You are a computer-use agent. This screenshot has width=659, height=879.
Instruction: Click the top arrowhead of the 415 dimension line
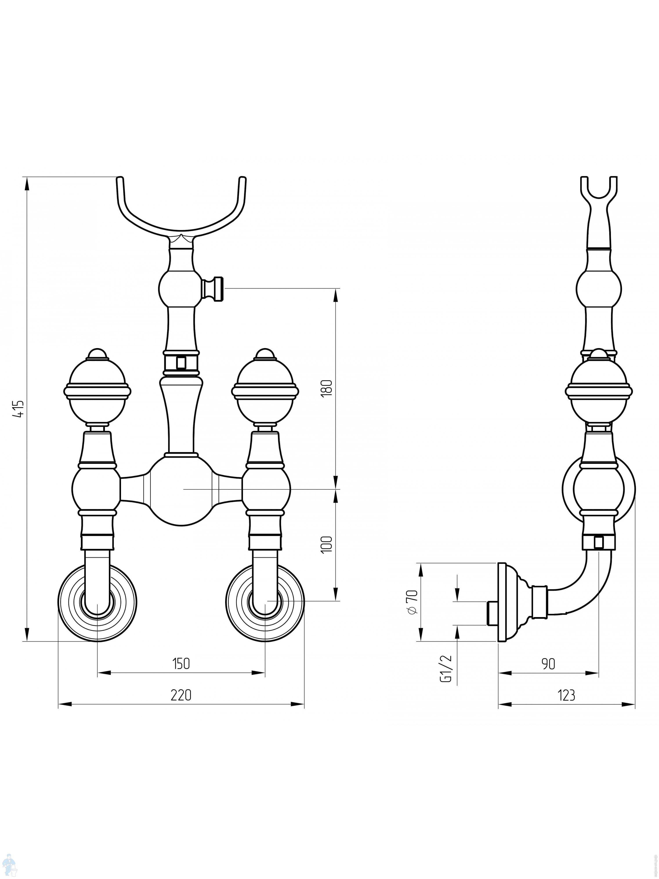click(x=27, y=184)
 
